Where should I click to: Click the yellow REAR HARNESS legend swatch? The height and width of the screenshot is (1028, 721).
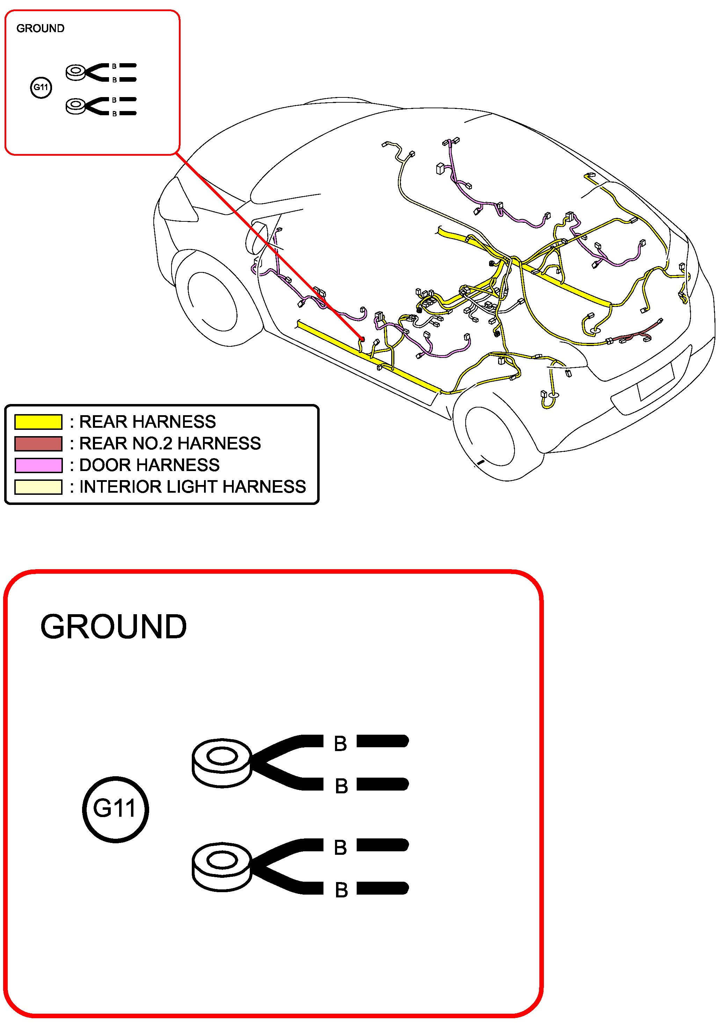pos(38,422)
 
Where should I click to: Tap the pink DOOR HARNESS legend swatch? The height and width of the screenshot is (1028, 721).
pos(38,465)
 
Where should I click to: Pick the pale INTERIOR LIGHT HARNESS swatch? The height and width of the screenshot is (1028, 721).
pos(38,487)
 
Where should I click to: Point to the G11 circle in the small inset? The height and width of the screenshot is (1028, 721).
pos(41,87)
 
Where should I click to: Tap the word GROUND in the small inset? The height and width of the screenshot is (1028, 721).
pos(40,29)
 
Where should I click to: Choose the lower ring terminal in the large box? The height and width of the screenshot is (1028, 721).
pos(222,866)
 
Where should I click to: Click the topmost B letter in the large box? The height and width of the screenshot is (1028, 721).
pos(340,744)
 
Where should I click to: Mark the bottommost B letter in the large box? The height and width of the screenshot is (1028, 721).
pos(341,890)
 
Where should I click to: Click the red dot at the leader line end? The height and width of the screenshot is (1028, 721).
pos(362,339)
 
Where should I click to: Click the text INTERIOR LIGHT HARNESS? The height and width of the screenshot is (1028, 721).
pos(192,487)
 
